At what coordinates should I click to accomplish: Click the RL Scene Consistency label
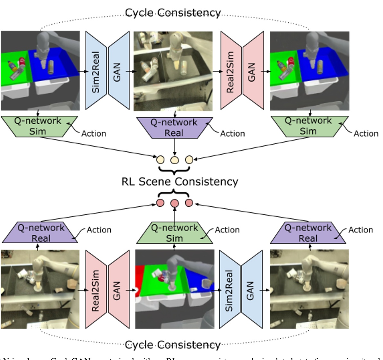pos(180,182)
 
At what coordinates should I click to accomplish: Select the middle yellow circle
pos(174,160)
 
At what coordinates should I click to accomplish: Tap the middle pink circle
pos(174,203)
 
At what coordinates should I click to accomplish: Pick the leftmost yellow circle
pos(160,160)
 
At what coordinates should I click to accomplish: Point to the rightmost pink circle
pos(189,203)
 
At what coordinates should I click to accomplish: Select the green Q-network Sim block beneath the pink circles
pos(174,233)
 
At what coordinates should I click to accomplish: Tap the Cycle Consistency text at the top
pos(173,13)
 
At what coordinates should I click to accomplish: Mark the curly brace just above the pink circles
pos(174,194)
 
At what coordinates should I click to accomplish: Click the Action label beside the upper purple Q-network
pos(232,133)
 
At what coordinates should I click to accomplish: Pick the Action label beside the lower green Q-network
pos(227,230)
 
